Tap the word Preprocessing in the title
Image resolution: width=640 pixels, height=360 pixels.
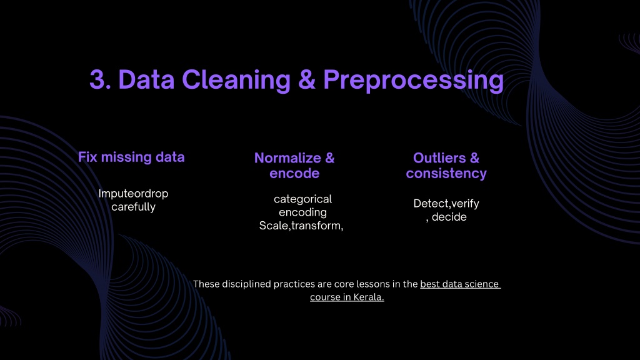(414, 80)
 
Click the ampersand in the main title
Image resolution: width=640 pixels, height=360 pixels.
(307, 79)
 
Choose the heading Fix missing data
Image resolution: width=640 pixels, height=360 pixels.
(131, 157)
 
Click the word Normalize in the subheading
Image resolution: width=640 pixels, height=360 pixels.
(287, 158)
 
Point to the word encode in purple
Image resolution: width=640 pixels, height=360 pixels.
(294, 174)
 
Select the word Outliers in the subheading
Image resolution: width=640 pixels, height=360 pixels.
(439, 158)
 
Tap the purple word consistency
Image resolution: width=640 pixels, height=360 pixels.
(446, 174)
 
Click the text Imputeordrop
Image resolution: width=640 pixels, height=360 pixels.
(133, 194)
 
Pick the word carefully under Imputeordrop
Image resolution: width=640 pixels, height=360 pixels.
(134, 207)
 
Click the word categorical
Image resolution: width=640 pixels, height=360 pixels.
(303, 199)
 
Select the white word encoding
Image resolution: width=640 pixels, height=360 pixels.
(303, 212)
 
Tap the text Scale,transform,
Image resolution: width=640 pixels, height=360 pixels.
(301, 226)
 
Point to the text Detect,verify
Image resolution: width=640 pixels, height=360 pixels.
(446, 204)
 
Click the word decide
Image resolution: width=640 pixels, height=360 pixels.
(449, 217)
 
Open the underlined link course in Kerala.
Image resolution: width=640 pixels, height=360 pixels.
(347, 297)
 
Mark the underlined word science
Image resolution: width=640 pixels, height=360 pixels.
(481, 284)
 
